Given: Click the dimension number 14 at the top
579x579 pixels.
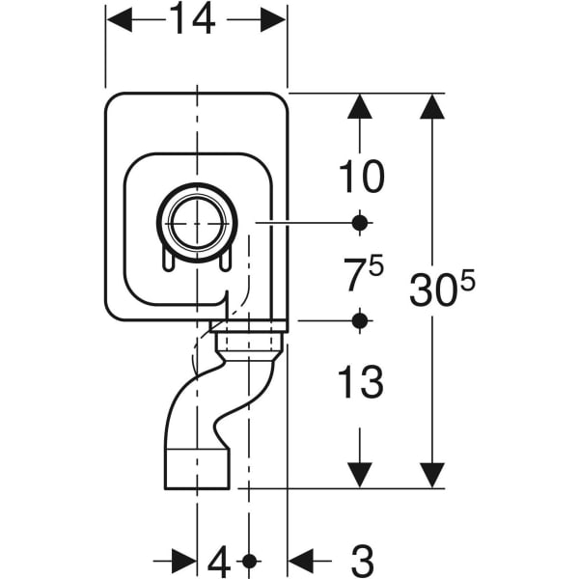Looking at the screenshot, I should click(196, 19).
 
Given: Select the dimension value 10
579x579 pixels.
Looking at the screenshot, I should click(360, 177).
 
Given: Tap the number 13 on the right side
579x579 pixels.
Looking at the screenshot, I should click(360, 383).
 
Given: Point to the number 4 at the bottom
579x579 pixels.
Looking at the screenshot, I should click(221, 560).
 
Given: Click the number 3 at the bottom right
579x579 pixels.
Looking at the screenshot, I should click(361, 560).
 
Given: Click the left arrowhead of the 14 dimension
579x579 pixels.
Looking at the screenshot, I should click(118, 20).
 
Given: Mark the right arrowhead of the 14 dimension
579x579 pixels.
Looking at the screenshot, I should click(274, 20).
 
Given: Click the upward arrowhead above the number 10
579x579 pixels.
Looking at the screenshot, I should click(360, 107).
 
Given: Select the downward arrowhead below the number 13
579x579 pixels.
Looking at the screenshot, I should click(360, 474).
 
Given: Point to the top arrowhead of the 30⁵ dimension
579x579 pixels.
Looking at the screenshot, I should click(431, 107).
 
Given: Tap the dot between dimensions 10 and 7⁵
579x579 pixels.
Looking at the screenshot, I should click(360, 223).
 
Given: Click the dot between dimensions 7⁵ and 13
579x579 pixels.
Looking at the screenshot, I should click(360, 319).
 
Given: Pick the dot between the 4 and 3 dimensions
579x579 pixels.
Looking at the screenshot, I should click(250, 560).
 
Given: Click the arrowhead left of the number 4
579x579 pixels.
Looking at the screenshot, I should click(184, 560).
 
